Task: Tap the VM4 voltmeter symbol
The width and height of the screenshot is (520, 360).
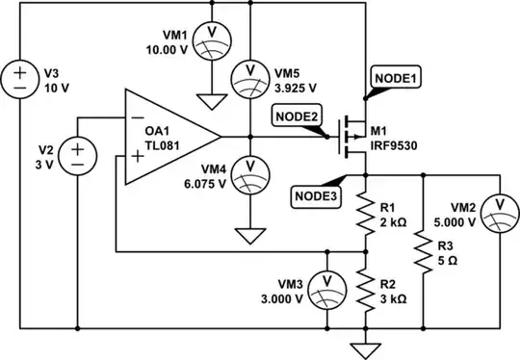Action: (249, 168)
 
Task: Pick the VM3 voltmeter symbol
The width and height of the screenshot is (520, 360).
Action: (327, 281)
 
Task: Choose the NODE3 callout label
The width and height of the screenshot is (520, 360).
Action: (315, 195)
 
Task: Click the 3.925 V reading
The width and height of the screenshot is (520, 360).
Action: (293, 87)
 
